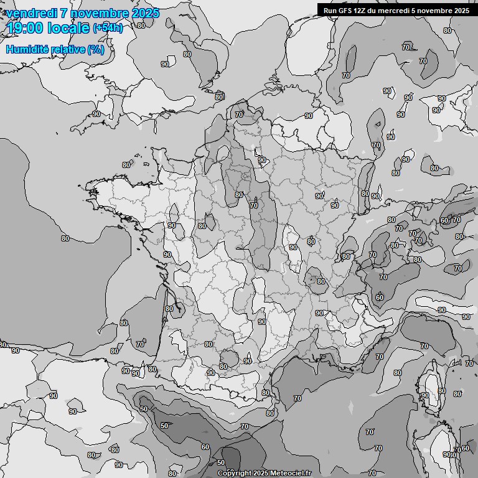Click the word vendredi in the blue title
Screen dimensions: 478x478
click(32, 14)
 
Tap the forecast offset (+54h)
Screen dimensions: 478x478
click(108, 28)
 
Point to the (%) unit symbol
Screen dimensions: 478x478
click(96, 49)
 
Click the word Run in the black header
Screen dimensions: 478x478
click(330, 11)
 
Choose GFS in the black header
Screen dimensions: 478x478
click(345, 11)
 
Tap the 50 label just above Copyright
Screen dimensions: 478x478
click(220, 462)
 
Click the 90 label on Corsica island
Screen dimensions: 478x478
click(425, 395)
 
